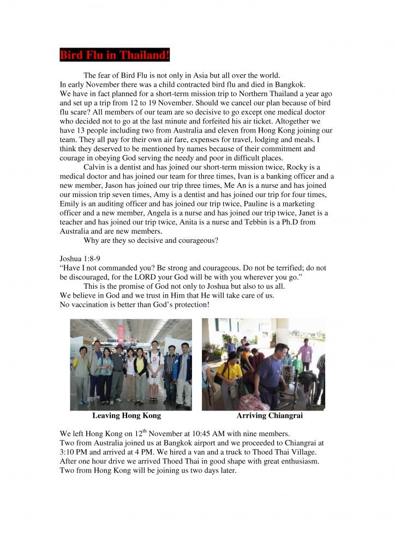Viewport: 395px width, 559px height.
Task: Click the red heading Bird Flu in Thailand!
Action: (x=115, y=55)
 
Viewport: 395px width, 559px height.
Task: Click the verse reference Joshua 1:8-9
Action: (x=80, y=258)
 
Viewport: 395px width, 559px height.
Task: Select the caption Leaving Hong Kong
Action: (x=127, y=415)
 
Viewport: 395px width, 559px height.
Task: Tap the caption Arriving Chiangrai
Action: (x=270, y=415)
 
